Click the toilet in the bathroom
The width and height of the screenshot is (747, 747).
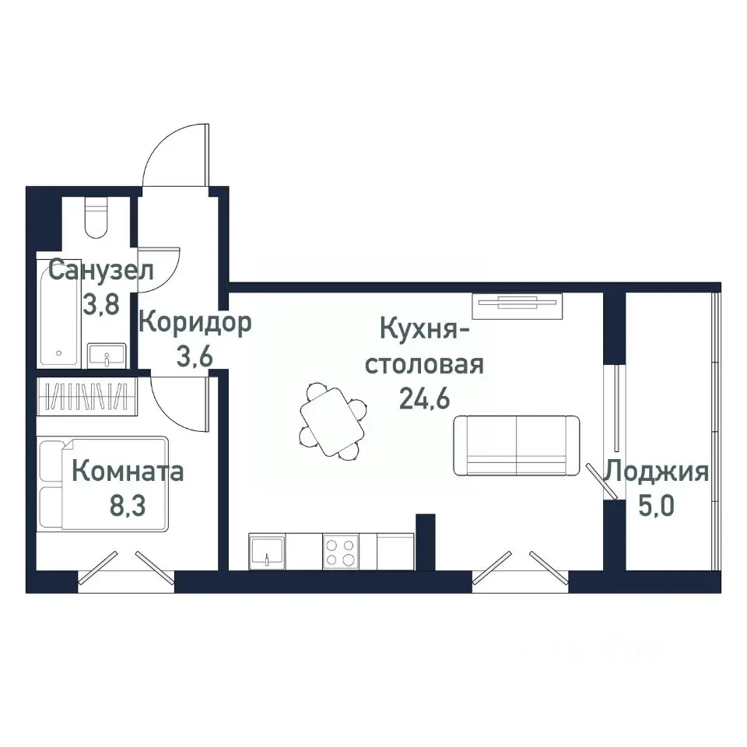coord(97,218)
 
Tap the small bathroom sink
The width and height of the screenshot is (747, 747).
coord(104,356)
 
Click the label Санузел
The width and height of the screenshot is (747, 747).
coord(100,272)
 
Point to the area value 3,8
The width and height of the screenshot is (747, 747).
coord(101,303)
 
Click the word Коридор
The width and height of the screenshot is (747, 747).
coord(195,322)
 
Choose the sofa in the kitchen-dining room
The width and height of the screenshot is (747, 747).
coord(517,445)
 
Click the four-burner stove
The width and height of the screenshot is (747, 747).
coord(341,551)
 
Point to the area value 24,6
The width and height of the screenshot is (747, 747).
coord(425,398)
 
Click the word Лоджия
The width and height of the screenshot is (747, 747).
coord(658,472)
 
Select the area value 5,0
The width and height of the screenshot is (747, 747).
coord(658,506)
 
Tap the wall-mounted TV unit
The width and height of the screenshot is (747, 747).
coord(517,304)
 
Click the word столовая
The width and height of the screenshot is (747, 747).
coord(425,364)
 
